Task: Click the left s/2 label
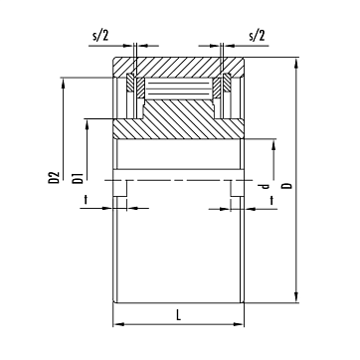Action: (x=100, y=36)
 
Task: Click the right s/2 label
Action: (x=257, y=36)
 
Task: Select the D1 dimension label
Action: (x=78, y=178)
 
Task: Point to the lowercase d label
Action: (x=265, y=186)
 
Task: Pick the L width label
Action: (x=179, y=315)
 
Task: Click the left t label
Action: (x=86, y=199)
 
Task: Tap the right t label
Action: (x=271, y=200)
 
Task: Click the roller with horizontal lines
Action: (x=179, y=89)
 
